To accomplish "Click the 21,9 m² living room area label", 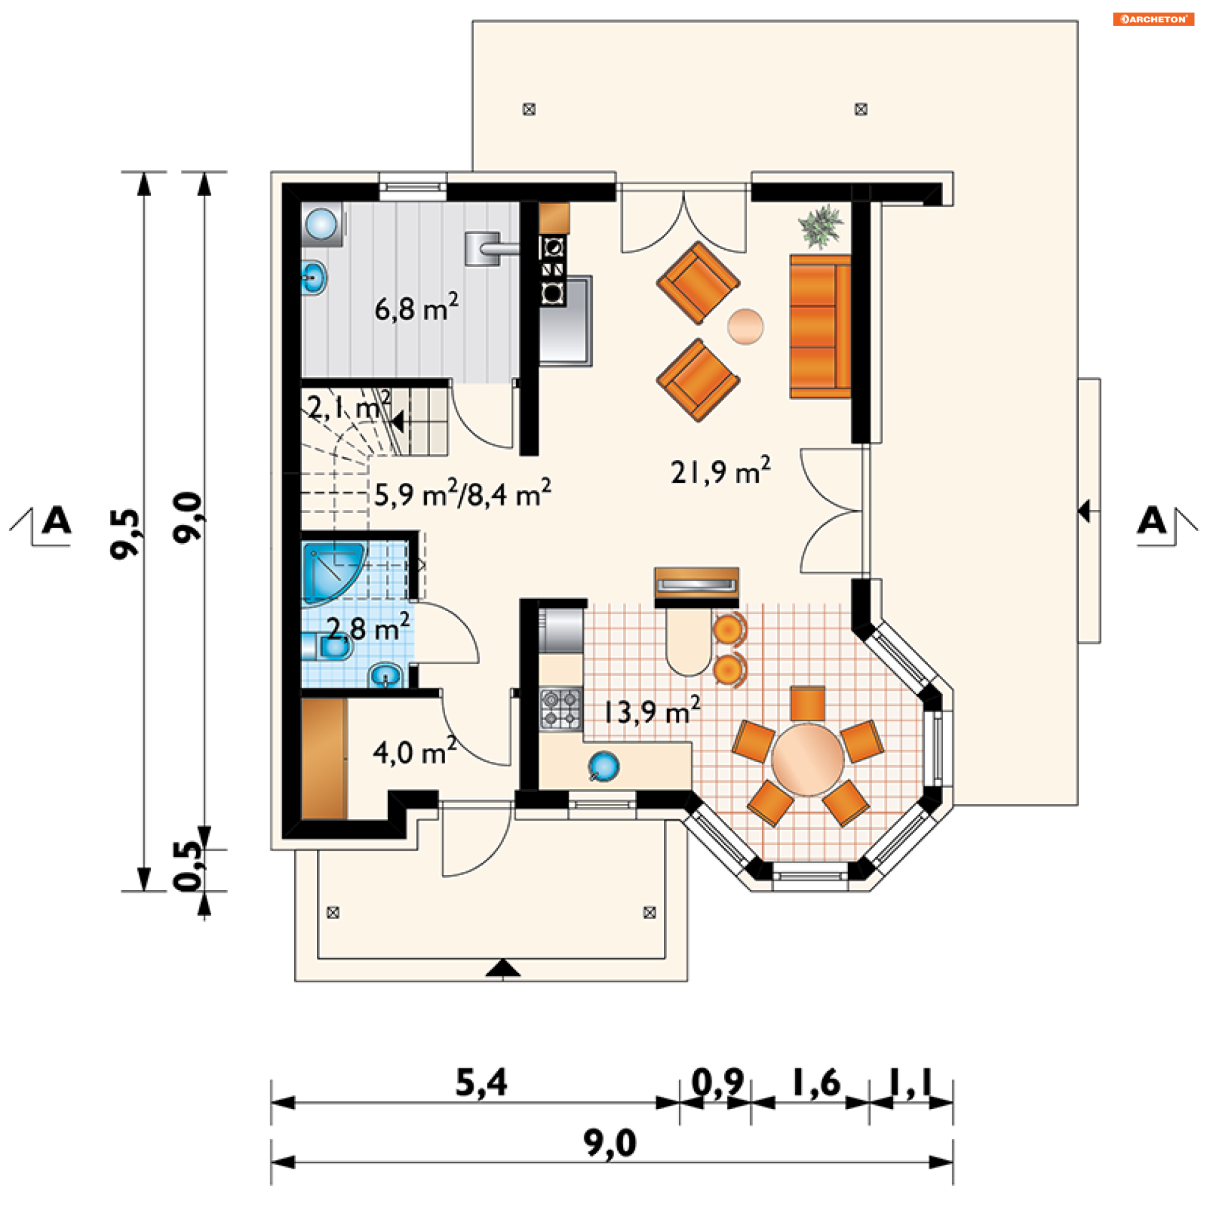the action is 720,471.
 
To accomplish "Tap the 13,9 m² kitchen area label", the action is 652,711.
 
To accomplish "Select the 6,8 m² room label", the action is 417,307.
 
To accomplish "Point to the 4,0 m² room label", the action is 415,751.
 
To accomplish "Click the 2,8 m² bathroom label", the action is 368,627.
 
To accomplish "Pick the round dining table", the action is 808,759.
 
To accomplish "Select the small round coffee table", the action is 746,326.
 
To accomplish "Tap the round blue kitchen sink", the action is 603,766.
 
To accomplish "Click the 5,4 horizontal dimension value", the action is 481,1083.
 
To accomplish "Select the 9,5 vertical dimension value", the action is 124,533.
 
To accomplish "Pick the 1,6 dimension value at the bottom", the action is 816,1083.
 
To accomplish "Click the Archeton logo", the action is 1154,19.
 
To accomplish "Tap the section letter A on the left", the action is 57,521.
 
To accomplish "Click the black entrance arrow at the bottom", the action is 503,969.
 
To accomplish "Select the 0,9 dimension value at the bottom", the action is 717,1083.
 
